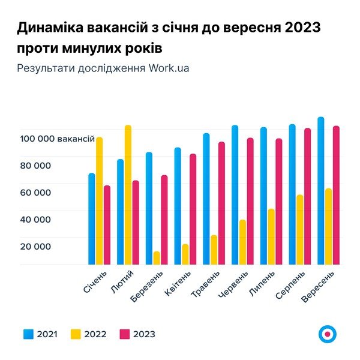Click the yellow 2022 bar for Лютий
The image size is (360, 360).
coord(128,195)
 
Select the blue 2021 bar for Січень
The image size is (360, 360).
coord(92,219)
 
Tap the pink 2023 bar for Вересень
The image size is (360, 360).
coord(336,195)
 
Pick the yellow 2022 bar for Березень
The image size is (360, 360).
coord(157,258)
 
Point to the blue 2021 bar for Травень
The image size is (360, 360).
coord(206,199)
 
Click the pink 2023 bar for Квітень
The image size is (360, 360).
coord(193,209)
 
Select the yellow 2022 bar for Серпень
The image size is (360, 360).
coord(300,230)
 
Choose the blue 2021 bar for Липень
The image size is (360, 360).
coord(264,196)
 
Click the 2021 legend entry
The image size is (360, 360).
coord(40,334)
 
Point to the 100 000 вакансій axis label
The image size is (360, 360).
coord(57,139)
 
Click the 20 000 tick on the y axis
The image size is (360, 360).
coord(37,247)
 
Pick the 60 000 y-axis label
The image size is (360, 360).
coord(37,193)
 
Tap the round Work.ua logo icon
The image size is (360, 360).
coord(328,334)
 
